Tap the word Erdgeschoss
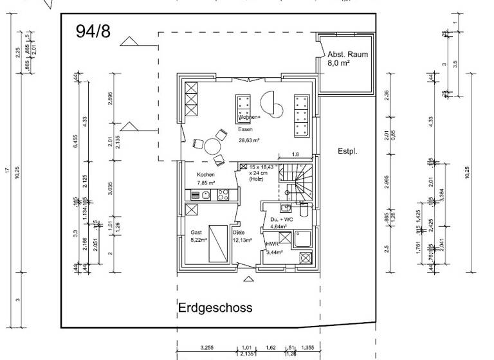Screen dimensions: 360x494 point(215,307)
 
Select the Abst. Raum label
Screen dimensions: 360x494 point(348,55)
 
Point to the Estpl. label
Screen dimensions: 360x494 point(347,152)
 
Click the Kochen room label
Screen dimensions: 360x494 point(206,174)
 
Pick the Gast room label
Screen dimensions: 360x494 point(196,232)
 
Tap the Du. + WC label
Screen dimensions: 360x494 point(281,219)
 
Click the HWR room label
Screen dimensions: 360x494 point(272,245)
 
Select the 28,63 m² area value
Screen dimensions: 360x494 point(248,139)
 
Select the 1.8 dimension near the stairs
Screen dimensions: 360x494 point(295,154)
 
